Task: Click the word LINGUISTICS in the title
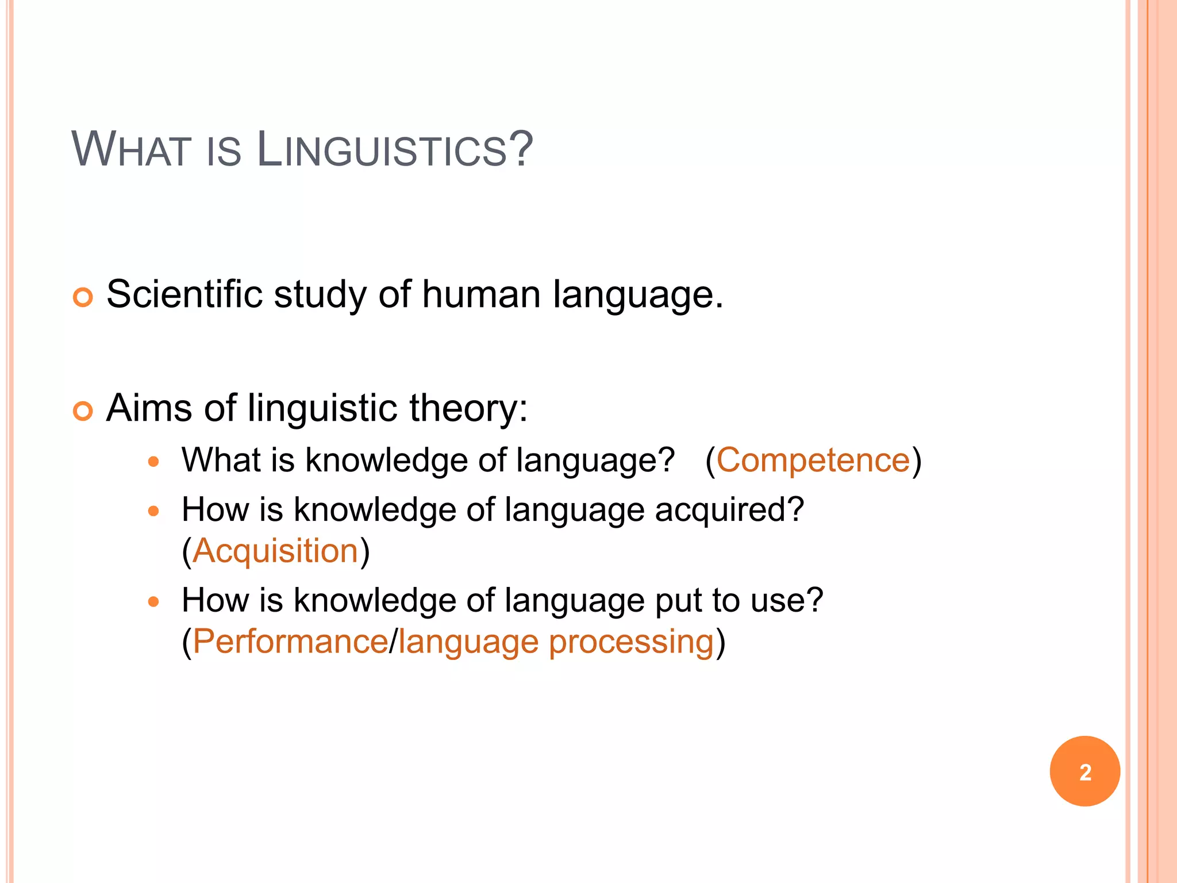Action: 395,151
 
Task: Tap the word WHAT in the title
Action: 132,151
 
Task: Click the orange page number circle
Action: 1084,771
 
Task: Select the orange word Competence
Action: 813,460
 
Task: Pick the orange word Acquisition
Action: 276,551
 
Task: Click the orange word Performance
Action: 290,642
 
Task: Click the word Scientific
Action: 184,294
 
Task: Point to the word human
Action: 481,294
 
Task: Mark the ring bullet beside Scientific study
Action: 83,297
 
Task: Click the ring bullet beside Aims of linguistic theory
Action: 83,411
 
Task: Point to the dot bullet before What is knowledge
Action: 153,461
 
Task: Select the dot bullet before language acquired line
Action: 153,510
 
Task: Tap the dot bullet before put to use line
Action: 153,601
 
